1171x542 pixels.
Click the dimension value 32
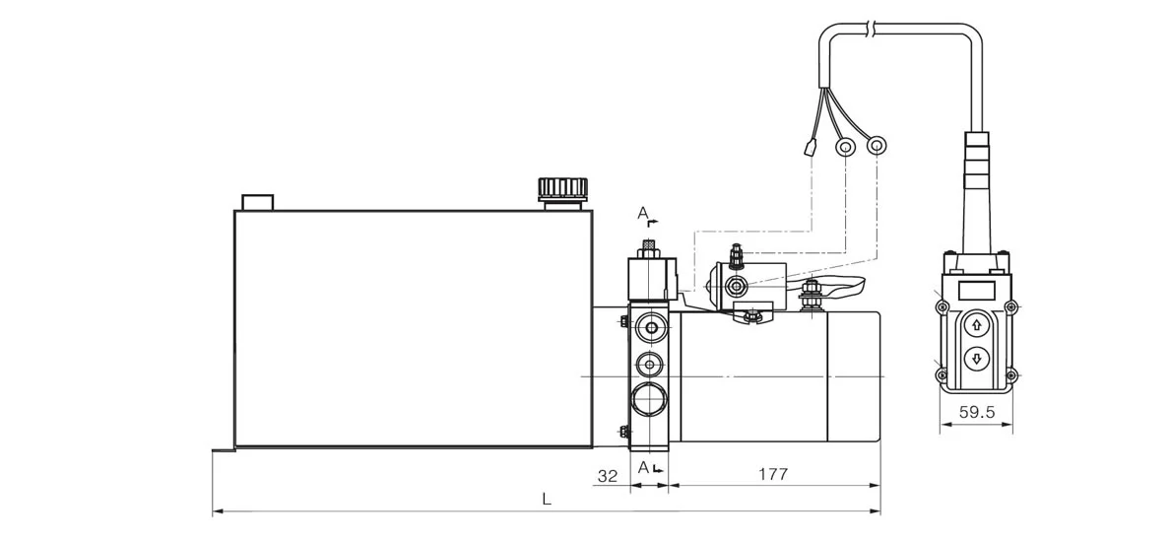(607, 475)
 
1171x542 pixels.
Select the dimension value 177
(773, 475)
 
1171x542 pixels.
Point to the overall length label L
(547, 500)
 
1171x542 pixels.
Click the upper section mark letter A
(642, 212)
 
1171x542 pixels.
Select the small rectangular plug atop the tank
(257, 202)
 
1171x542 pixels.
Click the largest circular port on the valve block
(649, 402)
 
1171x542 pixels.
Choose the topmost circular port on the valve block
(649, 326)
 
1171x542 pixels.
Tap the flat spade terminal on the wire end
(808, 151)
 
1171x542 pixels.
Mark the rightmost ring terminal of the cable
(876, 147)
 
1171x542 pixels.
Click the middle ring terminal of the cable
(844, 148)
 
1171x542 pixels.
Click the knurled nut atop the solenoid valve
(649, 246)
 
